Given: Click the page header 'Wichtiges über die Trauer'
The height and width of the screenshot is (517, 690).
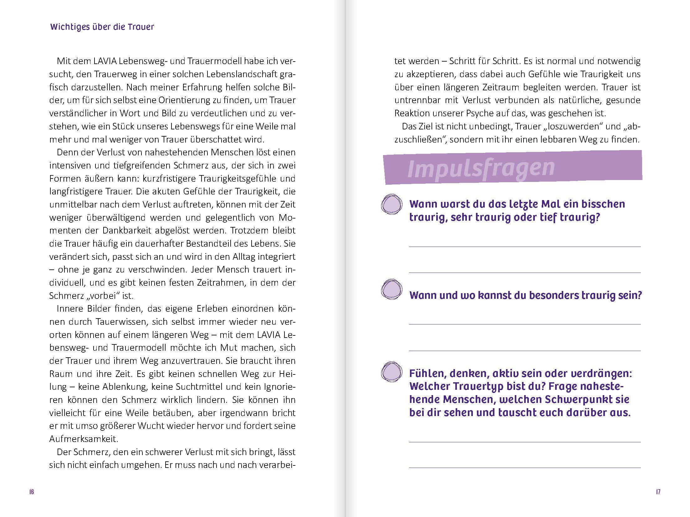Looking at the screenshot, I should point(102,27).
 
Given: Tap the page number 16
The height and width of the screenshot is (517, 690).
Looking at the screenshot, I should point(32,492).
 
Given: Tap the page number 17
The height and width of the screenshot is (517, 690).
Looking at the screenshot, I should point(658,492).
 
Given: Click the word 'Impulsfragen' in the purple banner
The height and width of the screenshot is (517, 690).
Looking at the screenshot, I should point(481,169).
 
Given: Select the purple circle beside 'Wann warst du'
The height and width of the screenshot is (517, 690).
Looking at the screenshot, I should point(391,204).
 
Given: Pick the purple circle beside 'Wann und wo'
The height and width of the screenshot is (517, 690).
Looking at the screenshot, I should point(391,289).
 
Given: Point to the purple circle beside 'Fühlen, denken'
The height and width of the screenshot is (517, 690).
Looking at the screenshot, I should point(391,372).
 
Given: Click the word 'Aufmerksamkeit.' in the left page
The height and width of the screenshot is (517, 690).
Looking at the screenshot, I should point(84,439).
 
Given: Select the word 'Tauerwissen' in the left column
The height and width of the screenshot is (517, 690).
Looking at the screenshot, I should point(118,322).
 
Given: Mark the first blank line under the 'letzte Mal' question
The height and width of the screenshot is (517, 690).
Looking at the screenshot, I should point(524,246).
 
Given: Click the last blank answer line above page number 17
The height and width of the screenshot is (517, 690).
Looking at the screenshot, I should point(524,467).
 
